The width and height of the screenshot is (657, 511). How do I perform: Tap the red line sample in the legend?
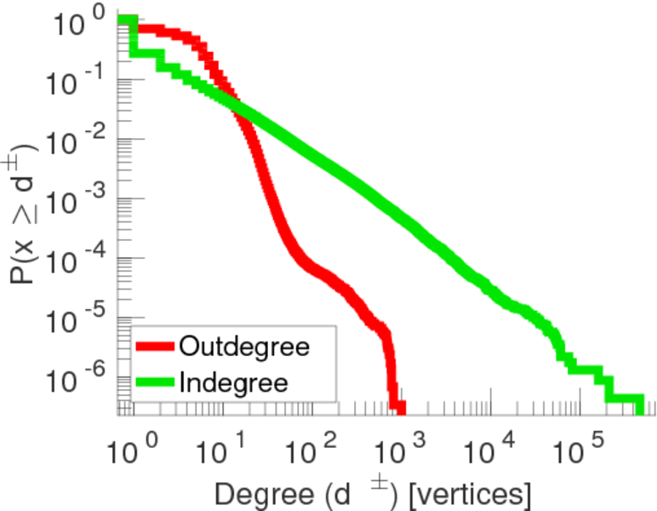[156, 347]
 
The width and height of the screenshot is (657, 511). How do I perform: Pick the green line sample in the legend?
[156, 382]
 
